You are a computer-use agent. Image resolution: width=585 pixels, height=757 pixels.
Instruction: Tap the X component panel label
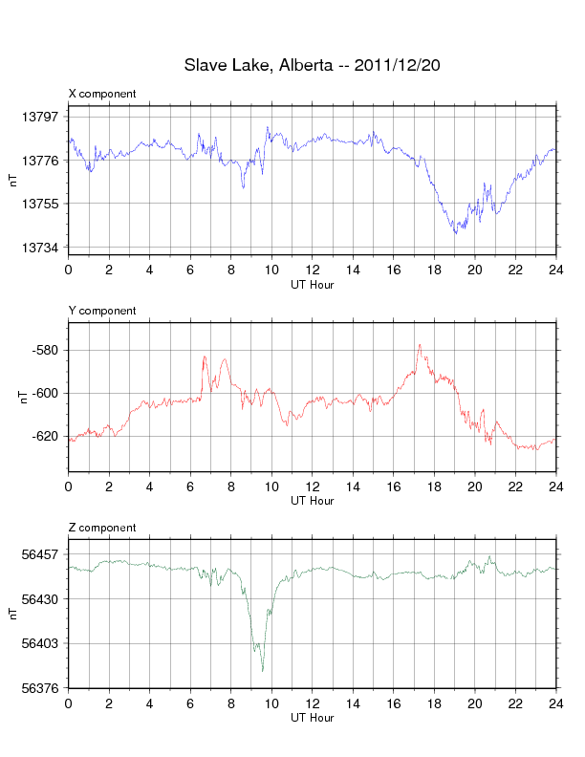click(x=102, y=94)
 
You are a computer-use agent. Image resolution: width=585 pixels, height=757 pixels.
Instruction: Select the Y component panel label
click(x=102, y=311)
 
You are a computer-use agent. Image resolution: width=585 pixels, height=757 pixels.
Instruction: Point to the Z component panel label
click(x=102, y=528)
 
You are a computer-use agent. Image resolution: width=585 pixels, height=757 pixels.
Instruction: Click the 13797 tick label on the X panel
click(x=40, y=117)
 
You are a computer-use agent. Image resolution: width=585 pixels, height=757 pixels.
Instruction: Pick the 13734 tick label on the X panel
click(x=40, y=248)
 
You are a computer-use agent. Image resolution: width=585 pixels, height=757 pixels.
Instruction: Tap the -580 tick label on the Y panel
click(x=46, y=350)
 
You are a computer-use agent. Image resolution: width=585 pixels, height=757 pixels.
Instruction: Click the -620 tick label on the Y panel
click(x=46, y=436)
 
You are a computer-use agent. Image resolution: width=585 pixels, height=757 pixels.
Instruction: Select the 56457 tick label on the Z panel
click(x=40, y=554)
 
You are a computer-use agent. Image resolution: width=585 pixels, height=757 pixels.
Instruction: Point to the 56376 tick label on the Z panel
click(x=40, y=688)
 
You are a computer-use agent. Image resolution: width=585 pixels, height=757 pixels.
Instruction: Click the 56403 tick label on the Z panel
click(x=40, y=643)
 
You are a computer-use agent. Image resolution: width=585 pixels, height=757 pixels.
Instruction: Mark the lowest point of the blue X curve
click(x=455, y=233)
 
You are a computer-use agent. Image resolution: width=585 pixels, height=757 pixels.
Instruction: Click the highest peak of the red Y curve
click(x=419, y=344)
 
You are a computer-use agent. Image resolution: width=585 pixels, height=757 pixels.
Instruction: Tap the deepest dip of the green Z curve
click(x=262, y=671)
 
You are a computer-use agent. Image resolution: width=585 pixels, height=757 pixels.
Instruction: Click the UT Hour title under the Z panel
click(x=312, y=718)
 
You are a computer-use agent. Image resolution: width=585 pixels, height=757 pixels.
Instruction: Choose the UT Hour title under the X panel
click(x=312, y=284)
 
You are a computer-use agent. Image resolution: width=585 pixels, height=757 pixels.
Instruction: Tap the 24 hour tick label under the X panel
click(x=555, y=270)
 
